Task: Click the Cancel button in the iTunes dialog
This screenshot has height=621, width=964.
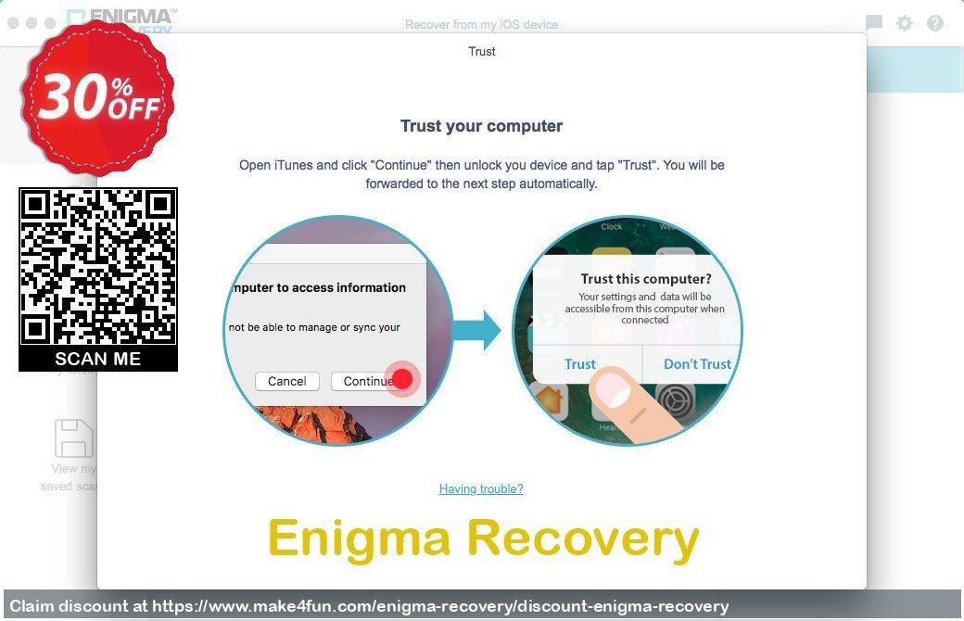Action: pos(286,381)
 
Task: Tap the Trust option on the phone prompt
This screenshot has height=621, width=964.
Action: pos(580,364)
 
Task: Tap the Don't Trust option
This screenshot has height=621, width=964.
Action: pos(697,364)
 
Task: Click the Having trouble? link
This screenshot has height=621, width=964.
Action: pos(481,488)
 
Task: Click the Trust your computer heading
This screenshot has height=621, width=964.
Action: pos(481,126)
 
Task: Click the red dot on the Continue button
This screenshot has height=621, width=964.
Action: pos(403,380)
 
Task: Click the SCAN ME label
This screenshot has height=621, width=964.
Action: pos(97,359)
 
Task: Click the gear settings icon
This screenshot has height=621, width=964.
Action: pos(905,24)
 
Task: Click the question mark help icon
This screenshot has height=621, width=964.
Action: pos(935,24)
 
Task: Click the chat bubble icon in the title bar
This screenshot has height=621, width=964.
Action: pos(873,24)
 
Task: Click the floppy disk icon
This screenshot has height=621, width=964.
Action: pos(73,438)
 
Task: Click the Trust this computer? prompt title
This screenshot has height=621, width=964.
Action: pos(645,279)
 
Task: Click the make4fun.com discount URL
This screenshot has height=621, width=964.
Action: pos(440,606)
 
